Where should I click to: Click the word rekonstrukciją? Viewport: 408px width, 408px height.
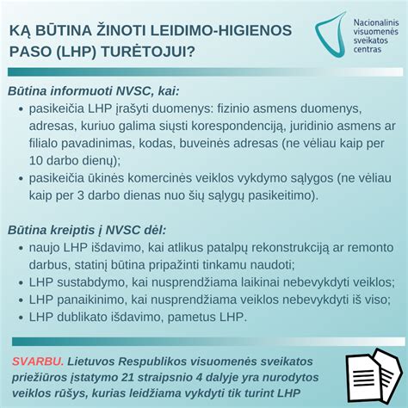pyautogui.click(x=270, y=248)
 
